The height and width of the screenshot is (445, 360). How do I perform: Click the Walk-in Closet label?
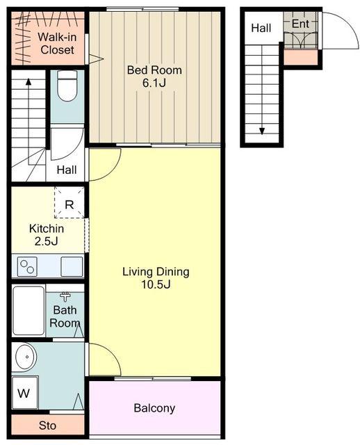point(57,43)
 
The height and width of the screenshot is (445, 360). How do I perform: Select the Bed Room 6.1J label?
point(154,76)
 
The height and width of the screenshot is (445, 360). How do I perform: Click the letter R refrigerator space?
point(69,204)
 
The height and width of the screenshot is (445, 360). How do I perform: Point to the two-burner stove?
point(27,266)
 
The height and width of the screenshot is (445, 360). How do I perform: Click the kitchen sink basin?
point(72,266)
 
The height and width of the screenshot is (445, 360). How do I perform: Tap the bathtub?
point(28,310)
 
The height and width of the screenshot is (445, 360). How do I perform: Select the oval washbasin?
point(26,357)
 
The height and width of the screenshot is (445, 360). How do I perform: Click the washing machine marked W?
point(25,392)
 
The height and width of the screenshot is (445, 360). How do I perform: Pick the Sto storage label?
point(47,426)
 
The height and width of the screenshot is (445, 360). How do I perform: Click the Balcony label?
point(154,408)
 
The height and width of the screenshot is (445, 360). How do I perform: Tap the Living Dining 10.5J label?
point(156,277)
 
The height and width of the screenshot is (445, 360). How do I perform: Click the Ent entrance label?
point(300,24)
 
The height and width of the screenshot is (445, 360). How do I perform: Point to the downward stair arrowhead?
point(262,131)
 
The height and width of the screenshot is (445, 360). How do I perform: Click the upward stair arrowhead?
point(28,81)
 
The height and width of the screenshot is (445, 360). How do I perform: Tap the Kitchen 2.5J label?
point(47,235)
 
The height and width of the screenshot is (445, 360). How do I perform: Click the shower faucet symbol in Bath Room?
point(65,297)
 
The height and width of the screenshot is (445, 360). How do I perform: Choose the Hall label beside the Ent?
point(261,28)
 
